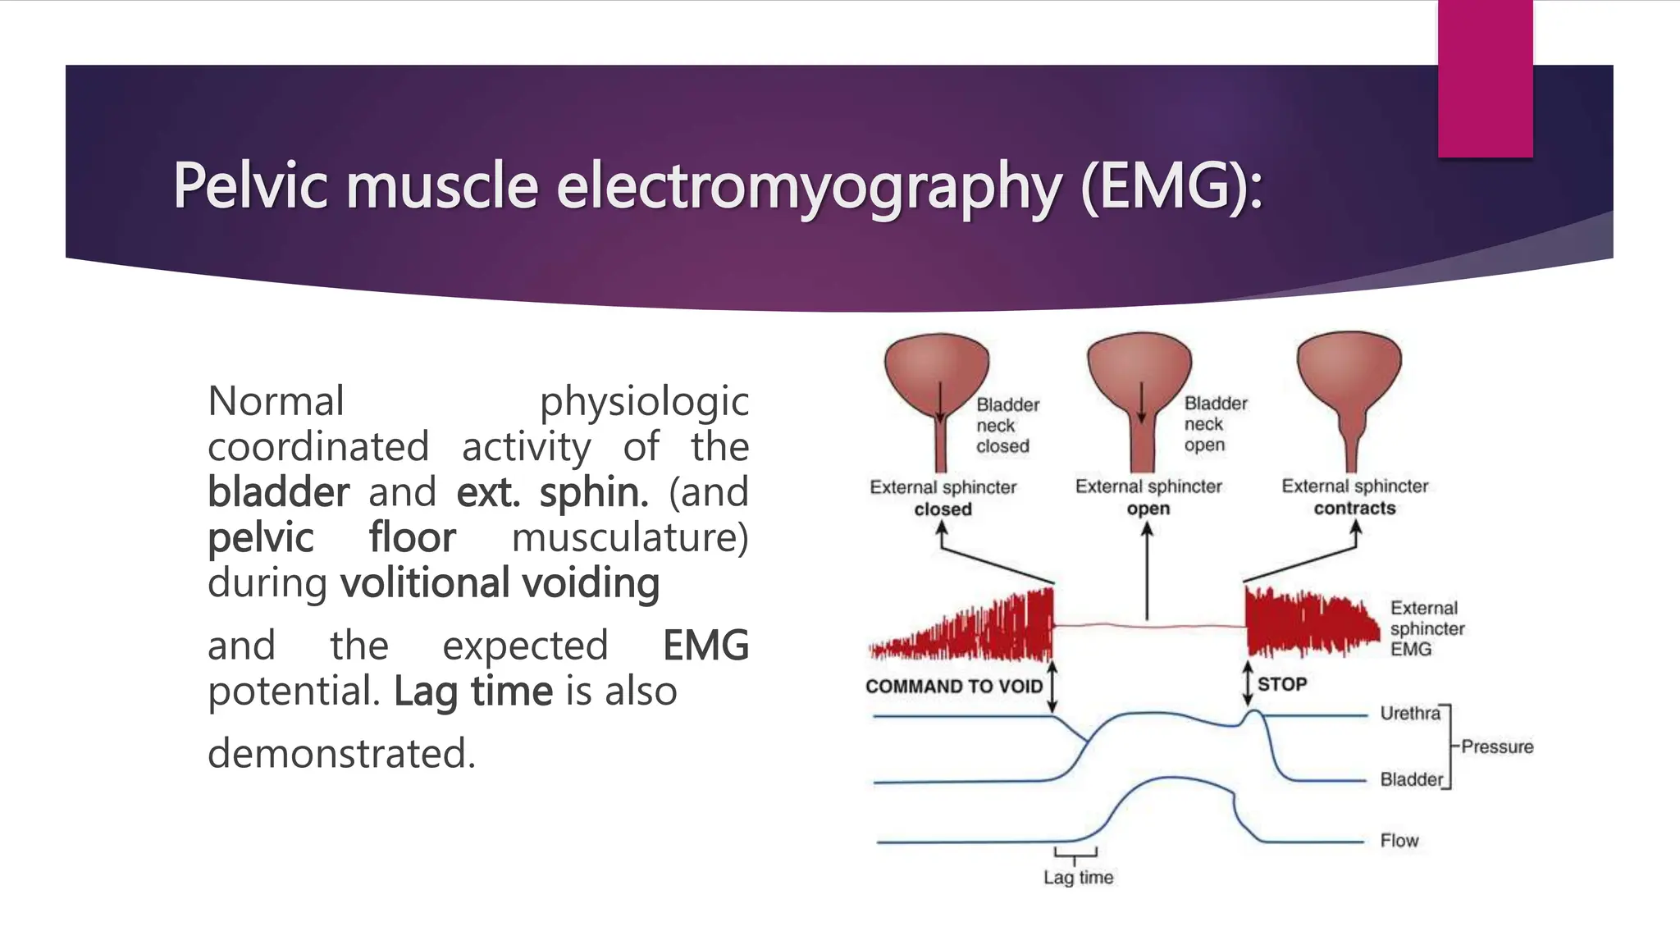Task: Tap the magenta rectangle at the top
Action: (x=1485, y=78)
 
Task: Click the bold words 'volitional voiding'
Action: (x=500, y=583)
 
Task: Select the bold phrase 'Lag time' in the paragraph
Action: (x=473, y=691)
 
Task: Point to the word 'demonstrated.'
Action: (x=341, y=753)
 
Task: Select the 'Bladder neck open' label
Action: (x=1215, y=424)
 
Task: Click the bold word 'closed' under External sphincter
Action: (x=943, y=509)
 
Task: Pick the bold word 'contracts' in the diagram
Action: (x=1354, y=509)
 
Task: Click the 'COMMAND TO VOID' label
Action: (x=953, y=687)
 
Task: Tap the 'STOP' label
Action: (x=1282, y=684)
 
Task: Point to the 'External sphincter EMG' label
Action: (x=1427, y=628)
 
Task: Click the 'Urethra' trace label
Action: (x=1409, y=713)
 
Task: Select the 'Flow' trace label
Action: (x=1399, y=841)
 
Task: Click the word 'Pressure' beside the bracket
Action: (x=1497, y=746)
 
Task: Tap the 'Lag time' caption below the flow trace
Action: (x=1078, y=878)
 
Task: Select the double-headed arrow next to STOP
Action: (x=1248, y=683)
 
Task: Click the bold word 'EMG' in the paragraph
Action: (x=705, y=646)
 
